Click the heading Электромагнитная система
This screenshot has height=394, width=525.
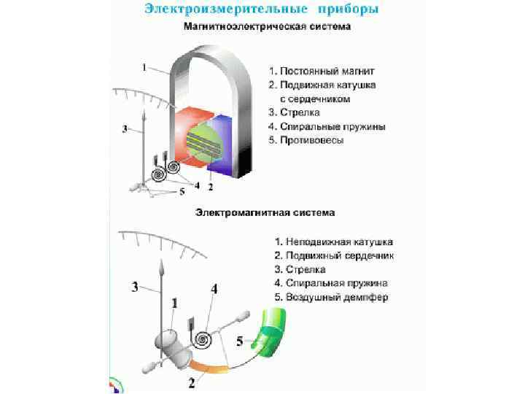pos(265,213)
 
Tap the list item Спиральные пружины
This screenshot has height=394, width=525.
pos(332,126)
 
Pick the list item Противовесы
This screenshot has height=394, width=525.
pos(310,139)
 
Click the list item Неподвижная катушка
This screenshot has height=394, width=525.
pos(338,242)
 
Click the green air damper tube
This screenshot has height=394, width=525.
pos(271,336)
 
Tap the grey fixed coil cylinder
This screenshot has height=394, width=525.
pos(171,344)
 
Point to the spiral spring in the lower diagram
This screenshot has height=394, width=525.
pos(205,339)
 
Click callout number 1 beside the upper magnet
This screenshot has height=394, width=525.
pos(144,67)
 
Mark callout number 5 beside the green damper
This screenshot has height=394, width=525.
pos(239,339)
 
